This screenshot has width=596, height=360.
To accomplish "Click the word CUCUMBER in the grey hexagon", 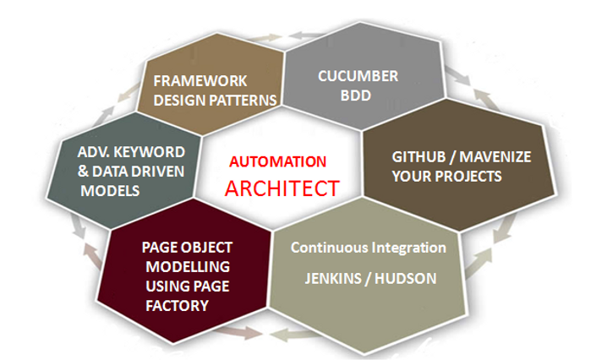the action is [358, 76].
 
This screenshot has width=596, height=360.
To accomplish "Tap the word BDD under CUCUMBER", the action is [355, 95].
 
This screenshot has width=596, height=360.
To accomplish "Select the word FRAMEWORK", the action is [200, 81].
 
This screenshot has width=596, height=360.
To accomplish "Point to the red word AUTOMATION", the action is [277, 162].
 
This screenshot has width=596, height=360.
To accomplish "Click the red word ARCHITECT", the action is [282, 188].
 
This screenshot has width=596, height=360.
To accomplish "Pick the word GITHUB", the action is [418, 157].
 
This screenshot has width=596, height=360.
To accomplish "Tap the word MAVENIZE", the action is [495, 157].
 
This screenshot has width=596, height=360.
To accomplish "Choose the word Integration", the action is [408, 248].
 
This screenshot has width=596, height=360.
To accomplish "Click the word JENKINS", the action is [333, 279].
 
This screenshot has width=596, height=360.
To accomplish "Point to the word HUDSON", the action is [406, 279].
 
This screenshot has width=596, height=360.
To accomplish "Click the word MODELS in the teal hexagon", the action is [110, 191].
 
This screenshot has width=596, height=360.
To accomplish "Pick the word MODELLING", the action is [188, 267].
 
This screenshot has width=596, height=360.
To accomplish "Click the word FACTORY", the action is [178, 306].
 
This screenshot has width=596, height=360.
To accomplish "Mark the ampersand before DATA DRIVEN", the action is [83, 172].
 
